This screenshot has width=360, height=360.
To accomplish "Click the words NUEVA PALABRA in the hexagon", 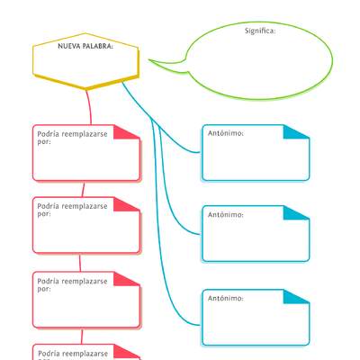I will [85, 46].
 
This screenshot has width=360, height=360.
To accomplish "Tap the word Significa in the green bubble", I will [260, 31].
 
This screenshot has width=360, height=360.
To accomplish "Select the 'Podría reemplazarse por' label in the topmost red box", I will [72, 136].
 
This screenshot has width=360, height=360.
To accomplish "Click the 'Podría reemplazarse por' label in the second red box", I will [72, 210].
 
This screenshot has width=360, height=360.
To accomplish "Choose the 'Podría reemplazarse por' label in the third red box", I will [72, 285].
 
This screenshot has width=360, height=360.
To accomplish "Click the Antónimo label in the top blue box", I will [226, 132].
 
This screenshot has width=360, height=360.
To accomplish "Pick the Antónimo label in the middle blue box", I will [226, 215].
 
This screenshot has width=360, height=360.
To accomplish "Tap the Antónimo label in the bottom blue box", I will [226, 298].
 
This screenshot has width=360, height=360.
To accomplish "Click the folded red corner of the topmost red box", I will [131, 131].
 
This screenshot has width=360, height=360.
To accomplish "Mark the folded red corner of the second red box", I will [131, 204].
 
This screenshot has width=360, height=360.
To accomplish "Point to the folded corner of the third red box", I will [131, 279].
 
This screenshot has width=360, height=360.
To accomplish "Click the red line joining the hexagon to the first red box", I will [88, 107].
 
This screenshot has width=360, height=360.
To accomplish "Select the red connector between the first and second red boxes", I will [84, 189].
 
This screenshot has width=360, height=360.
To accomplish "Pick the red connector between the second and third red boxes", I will [80, 263].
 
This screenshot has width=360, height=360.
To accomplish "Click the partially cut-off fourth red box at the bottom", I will [86, 353].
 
